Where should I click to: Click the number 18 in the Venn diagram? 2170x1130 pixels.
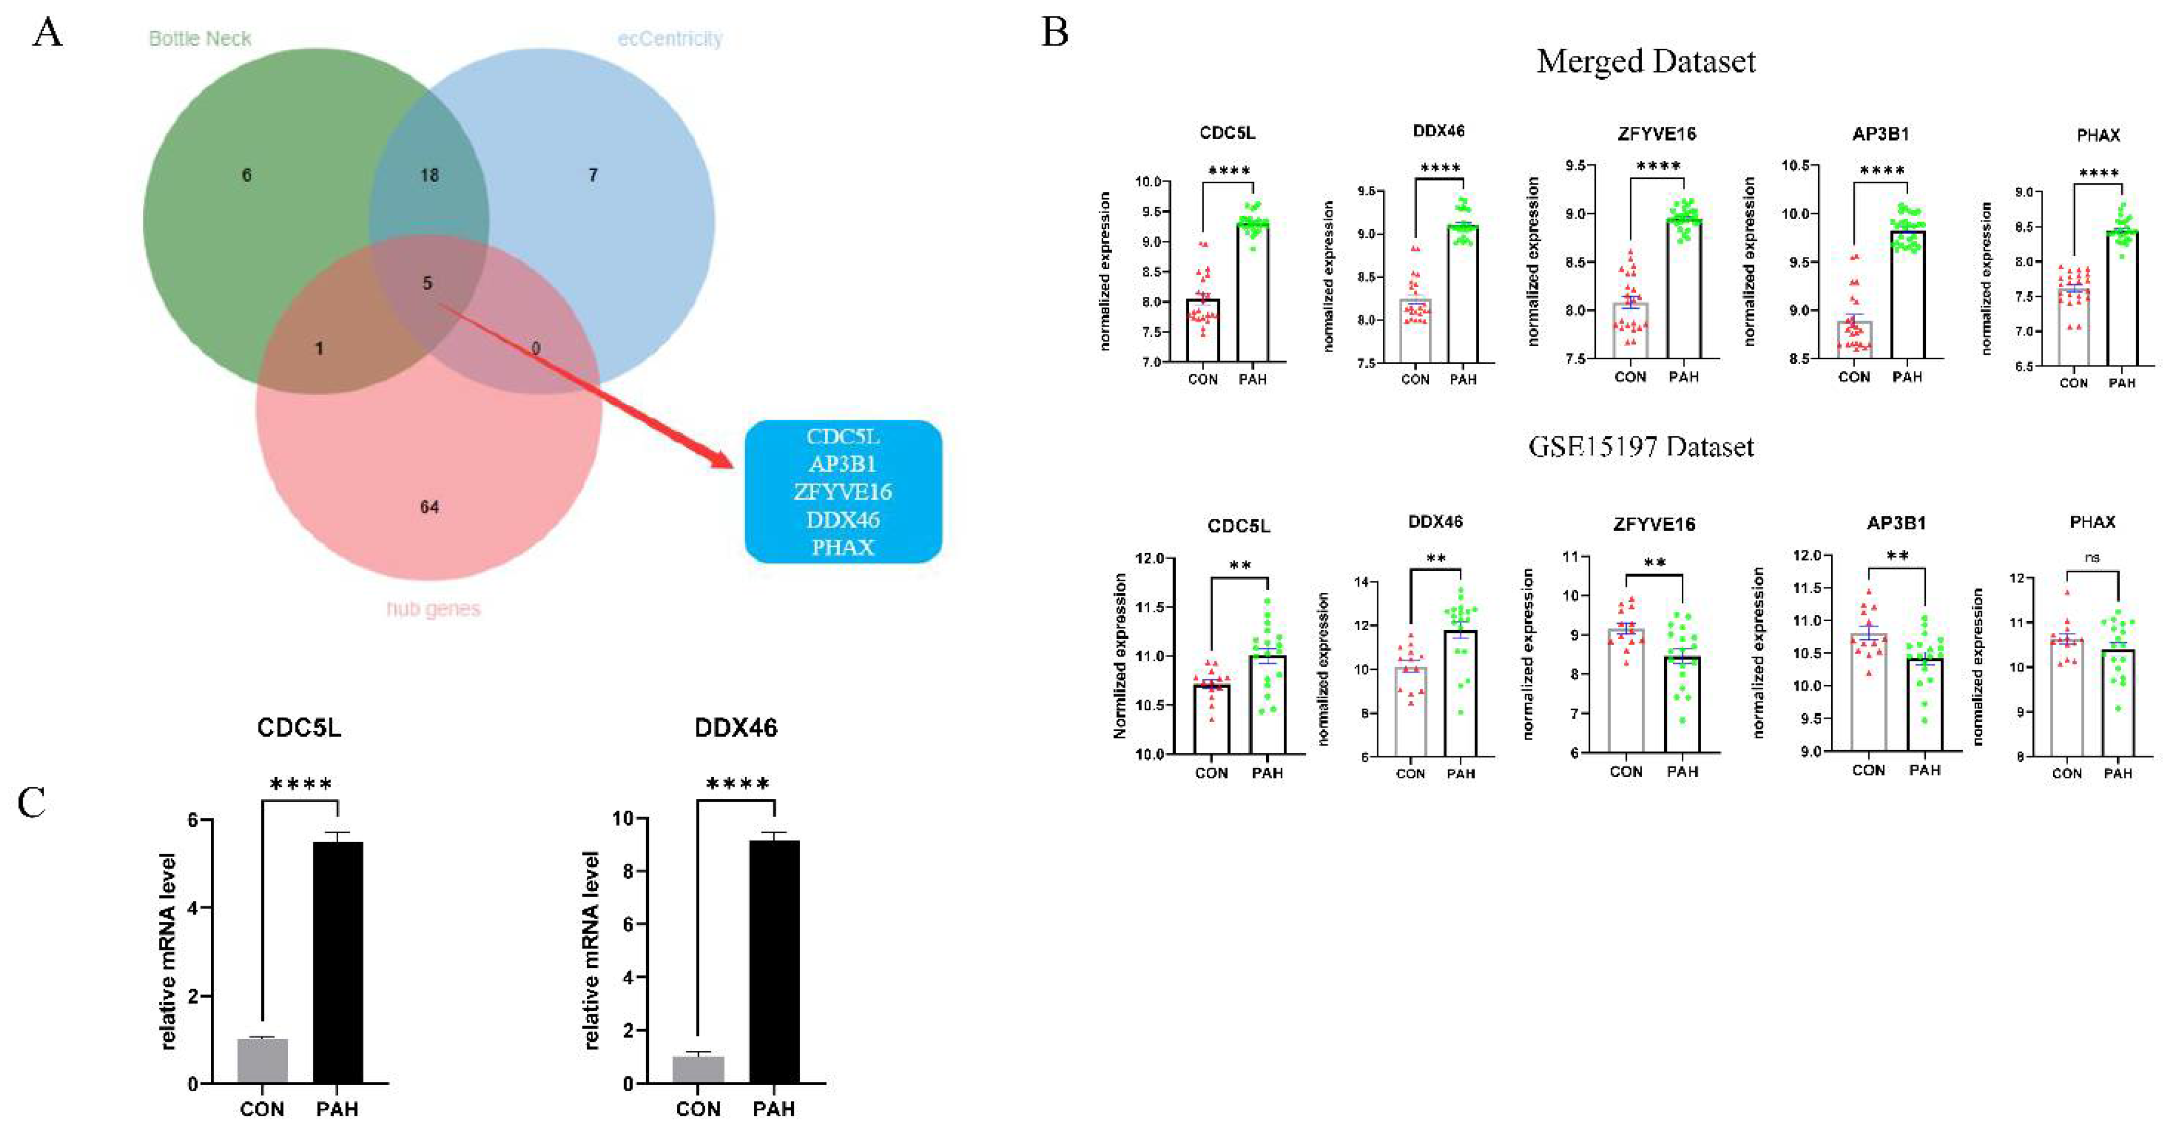[x=430, y=176]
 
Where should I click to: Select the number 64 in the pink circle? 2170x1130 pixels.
[x=430, y=507]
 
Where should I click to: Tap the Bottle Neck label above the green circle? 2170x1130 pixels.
[x=200, y=39]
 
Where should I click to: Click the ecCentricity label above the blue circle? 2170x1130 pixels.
[x=670, y=39]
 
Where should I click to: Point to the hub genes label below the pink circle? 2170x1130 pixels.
[x=433, y=608]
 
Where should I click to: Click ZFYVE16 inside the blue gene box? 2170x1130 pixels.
[x=843, y=491]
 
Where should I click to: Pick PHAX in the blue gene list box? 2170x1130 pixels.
[x=843, y=547]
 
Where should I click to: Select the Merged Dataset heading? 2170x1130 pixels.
[x=1645, y=61]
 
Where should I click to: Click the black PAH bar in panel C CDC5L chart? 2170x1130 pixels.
[x=338, y=961]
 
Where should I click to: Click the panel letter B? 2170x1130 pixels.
[x=1055, y=33]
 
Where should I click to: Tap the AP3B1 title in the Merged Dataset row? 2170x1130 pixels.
[x=1880, y=134]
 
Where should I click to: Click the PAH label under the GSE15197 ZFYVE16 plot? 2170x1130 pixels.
[x=1682, y=771]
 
